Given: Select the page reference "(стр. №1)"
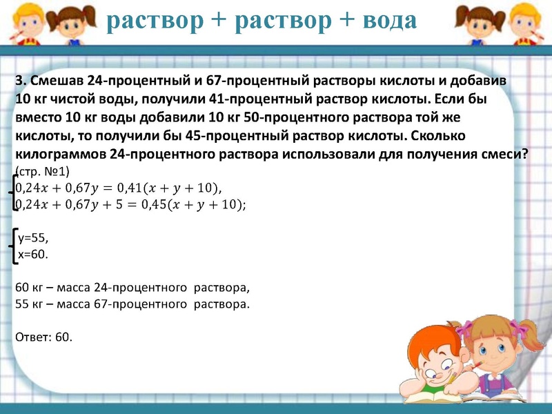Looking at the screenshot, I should pyautogui.click(x=42, y=170).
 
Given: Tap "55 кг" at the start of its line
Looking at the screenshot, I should pyautogui.click(x=27, y=304).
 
